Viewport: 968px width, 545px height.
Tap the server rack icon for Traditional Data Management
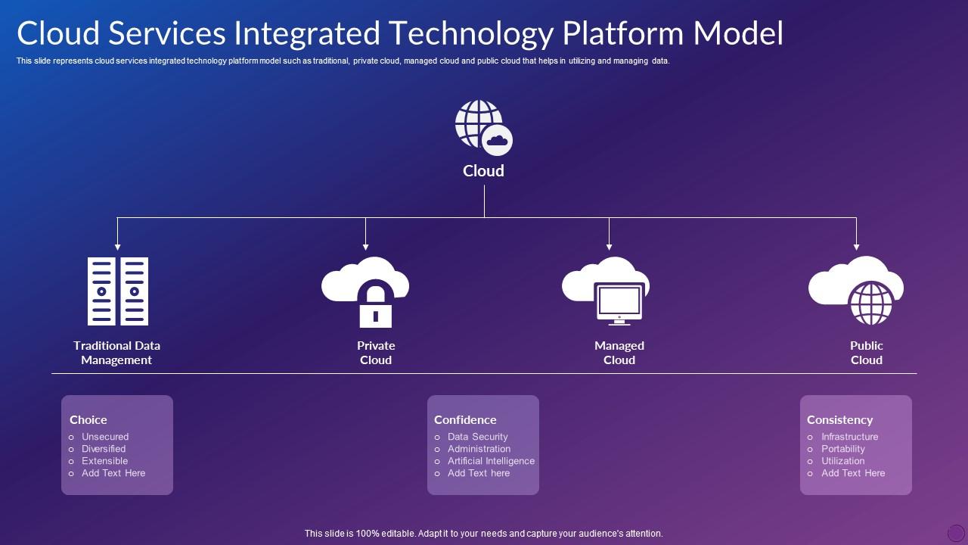coord(117,291)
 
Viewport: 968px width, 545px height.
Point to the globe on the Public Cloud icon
coord(871,303)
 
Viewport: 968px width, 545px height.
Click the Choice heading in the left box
coord(88,419)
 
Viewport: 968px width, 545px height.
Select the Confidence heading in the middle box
coord(465,419)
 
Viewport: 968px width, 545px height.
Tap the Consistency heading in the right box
coord(839,419)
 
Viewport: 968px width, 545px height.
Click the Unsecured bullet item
coord(105,437)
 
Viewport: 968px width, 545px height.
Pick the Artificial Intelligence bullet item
coord(491,461)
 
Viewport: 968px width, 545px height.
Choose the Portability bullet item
coord(843,449)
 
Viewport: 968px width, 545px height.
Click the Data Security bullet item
coord(477,437)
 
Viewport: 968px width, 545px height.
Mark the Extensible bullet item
coord(104,461)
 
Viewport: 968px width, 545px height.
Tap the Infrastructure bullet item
coord(850,437)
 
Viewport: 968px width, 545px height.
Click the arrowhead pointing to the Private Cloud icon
coord(366,246)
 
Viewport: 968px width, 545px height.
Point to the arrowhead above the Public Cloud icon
coord(856,246)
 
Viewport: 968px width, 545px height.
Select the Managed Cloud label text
coord(619,353)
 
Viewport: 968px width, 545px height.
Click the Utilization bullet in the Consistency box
coord(842,461)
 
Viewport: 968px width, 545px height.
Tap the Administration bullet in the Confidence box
coord(479,449)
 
